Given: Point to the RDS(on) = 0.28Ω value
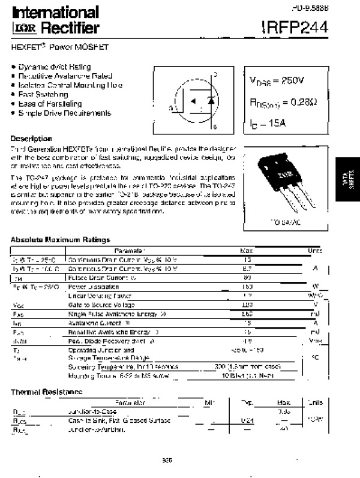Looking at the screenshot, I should (x=279, y=103).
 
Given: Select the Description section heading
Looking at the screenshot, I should (x=31, y=139).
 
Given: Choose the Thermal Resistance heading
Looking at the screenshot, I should (x=46, y=392).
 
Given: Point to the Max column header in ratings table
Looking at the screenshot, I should (x=246, y=250).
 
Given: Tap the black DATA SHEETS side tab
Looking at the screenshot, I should (x=348, y=183).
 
